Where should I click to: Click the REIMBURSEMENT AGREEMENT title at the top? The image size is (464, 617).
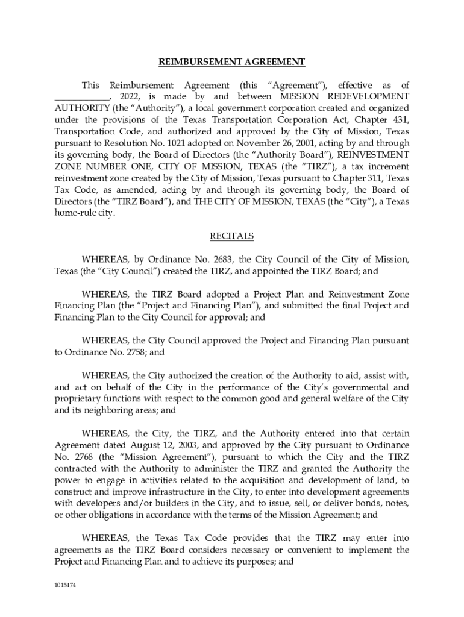point(231,62)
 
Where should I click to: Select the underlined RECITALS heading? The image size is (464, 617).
point(231,236)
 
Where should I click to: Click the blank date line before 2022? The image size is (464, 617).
point(82,96)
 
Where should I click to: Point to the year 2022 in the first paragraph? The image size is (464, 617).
point(130,96)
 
